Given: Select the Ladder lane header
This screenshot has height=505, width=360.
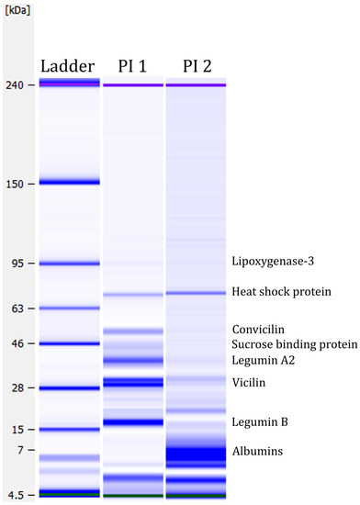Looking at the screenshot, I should pyautogui.click(x=69, y=66).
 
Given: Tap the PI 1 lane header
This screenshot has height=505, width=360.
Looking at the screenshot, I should pyautogui.click(x=132, y=66).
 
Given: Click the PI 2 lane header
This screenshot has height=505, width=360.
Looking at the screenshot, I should pyautogui.click(x=195, y=66).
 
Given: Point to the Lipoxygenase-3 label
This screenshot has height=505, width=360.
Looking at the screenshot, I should pyautogui.click(x=273, y=261).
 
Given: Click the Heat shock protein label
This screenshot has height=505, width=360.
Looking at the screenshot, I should pyautogui.click(x=280, y=292).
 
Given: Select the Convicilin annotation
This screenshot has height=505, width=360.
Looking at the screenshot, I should pyautogui.click(x=259, y=329).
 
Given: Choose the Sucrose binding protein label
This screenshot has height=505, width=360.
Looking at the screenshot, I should pyautogui.click(x=294, y=344).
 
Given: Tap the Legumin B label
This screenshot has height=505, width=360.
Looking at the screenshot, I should pyautogui.click(x=261, y=421).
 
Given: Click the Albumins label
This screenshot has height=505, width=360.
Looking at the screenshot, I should pyautogui.click(x=257, y=451).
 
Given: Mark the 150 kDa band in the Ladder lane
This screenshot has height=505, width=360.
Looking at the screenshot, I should pyautogui.click(x=69, y=182).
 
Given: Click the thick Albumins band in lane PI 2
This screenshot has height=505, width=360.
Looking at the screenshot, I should pyautogui.click(x=195, y=453).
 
